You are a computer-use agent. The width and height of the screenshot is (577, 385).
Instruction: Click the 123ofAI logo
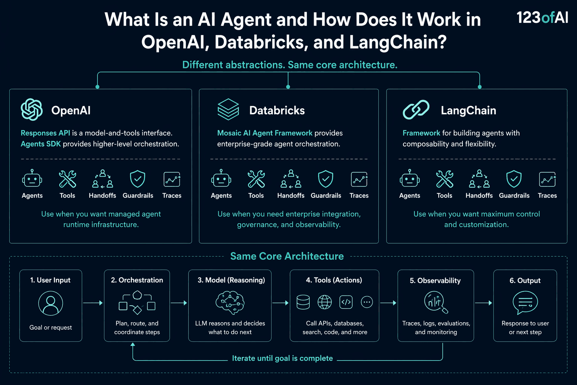pyautogui.click(x=542, y=17)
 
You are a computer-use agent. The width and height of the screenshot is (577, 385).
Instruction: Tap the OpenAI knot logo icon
pyautogui.click(x=32, y=109)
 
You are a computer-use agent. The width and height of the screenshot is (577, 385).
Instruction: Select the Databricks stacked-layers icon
pyautogui.click(x=228, y=109)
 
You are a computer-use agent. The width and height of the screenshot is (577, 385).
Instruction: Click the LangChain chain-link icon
pyautogui.click(x=416, y=109)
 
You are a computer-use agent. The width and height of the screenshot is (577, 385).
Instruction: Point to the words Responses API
pyautogui.click(x=45, y=133)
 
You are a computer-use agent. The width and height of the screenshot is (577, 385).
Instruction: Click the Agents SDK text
pyautogui.click(x=41, y=144)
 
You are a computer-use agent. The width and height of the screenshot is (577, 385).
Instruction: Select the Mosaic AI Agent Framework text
pyautogui.click(x=265, y=133)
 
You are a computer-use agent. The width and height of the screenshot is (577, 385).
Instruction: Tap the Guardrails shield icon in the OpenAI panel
pyautogui.click(x=137, y=179)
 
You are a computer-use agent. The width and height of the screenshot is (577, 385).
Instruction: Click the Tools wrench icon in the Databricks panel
pyautogui.click(x=256, y=179)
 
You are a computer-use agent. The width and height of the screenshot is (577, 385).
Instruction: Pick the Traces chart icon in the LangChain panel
pyautogui.click(x=547, y=179)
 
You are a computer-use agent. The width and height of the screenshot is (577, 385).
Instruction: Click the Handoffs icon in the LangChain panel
pyautogui.click(x=479, y=179)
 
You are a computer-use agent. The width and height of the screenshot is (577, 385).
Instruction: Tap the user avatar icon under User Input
pyautogui.click(x=50, y=303)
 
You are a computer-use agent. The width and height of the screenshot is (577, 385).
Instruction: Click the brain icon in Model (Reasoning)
pyautogui.click(x=230, y=303)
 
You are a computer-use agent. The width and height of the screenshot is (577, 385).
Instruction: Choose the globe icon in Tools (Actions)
pyautogui.click(x=325, y=302)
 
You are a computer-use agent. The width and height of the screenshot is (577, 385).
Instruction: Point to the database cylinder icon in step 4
pyautogui.click(x=303, y=302)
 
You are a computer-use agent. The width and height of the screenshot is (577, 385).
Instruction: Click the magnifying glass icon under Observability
pyautogui.click(x=436, y=302)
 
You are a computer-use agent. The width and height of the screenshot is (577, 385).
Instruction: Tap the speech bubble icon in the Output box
pyautogui.click(x=525, y=303)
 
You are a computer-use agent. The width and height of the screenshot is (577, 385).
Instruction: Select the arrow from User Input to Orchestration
pyautogui.click(x=93, y=303)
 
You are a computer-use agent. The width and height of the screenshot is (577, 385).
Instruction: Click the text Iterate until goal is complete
pyautogui.click(x=282, y=358)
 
